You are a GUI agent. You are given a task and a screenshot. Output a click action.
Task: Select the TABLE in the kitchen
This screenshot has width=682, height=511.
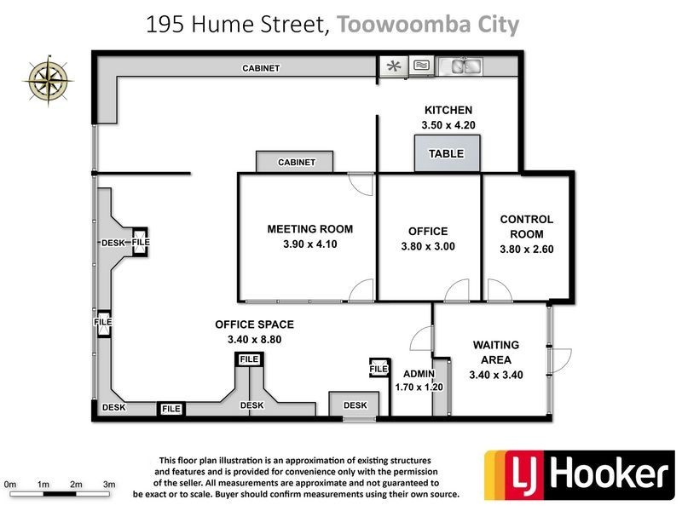point(447,154)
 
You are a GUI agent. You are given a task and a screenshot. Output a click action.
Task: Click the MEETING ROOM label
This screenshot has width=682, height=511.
point(309,229)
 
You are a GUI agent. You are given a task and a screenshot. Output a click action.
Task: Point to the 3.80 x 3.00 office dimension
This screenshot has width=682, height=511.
point(427,247)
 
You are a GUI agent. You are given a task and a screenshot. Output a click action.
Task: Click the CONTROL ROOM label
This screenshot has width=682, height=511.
point(526,227)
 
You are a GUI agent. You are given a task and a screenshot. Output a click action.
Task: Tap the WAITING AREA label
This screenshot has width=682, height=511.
point(495,353)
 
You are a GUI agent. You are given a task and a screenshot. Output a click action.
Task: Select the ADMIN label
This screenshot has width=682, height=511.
point(419,373)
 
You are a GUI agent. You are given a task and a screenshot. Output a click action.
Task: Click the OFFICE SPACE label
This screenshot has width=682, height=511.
point(254,324)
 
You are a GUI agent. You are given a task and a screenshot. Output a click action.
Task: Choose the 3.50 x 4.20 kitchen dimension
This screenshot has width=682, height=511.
point(448,125)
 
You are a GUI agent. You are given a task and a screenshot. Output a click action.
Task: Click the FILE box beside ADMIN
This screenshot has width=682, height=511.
point(379,369)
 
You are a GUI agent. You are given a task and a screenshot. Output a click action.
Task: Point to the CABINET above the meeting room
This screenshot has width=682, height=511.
point(296,162)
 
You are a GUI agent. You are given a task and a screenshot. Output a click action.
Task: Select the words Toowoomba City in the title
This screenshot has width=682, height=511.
point(428,25)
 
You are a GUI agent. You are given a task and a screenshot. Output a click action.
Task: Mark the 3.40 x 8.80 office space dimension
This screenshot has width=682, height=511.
point(254,339)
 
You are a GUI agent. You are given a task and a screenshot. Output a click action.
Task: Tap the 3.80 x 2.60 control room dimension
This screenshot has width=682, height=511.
point(526,250)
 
